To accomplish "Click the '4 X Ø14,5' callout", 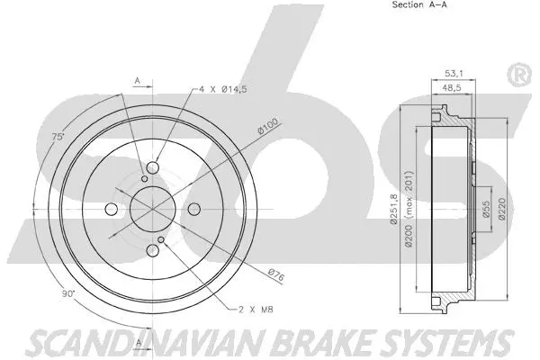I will coord(220,89).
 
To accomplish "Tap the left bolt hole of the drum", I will coord(112,210).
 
